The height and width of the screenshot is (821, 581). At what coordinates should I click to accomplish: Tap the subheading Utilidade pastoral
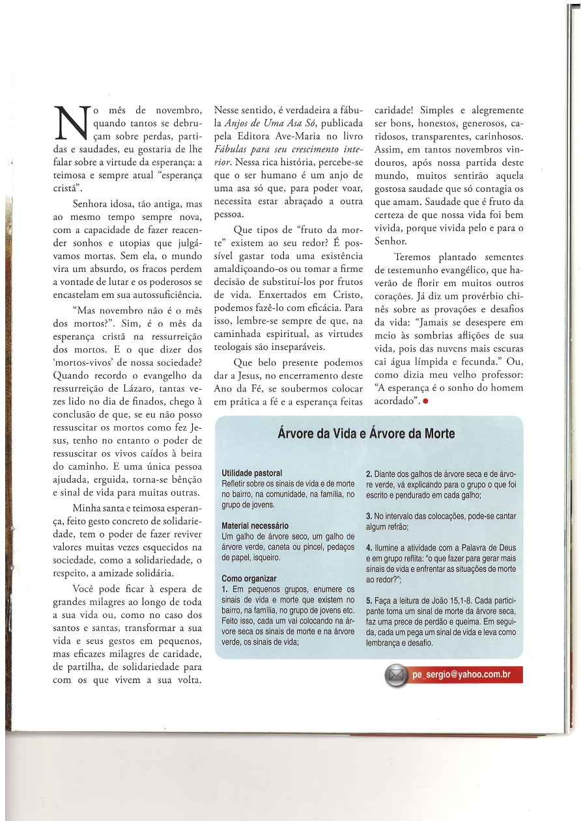click(x=252, y=473)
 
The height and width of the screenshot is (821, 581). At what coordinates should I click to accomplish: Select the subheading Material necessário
click(x=256, y=526)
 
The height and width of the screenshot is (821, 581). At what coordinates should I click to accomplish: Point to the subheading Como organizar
click(x=249, y=578)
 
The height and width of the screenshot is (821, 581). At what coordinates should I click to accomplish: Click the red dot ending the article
click(x=425, y=401)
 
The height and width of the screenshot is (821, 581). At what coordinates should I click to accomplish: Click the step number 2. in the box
click(x=369, y=473)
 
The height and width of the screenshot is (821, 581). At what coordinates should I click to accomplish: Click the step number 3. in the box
click(x=369, y=516)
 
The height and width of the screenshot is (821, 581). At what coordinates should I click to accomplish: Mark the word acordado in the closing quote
click(x=395, y=401)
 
